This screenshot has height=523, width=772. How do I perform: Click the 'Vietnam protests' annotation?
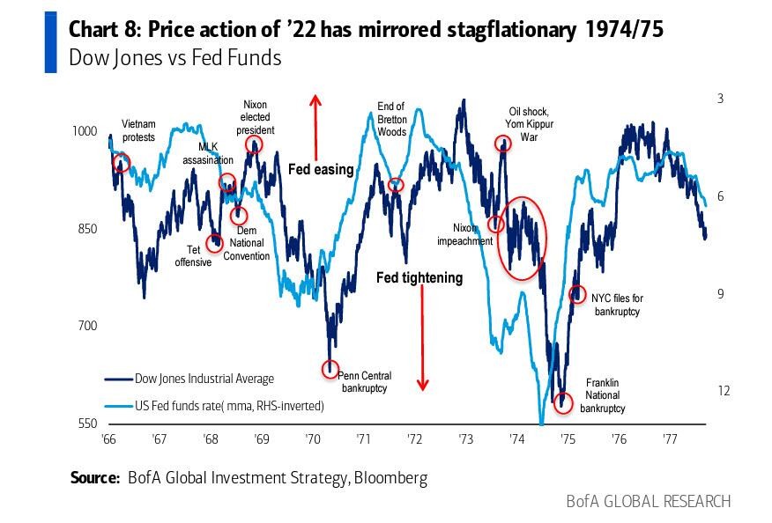pos(139,131)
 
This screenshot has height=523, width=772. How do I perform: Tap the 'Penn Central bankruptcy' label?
pos(364,380)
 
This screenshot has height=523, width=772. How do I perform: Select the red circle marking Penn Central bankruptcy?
pos(330,368)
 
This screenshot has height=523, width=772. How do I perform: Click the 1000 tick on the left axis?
pos(85,131)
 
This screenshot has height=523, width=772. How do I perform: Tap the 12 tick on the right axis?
pos(723,391)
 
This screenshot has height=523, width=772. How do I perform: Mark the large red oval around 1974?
pos(521,238)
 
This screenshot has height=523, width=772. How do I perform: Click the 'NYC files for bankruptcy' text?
pos(617,305)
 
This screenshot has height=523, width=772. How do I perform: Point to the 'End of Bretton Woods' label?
pos(391,119)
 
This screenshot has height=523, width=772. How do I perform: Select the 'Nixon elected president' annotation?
pos(257,117)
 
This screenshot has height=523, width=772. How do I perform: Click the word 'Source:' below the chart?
pos(94,478)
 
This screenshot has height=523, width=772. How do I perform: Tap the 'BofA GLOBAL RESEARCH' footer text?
pos(649,501)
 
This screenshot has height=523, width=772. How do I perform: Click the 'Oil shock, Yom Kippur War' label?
pos(530,124)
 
